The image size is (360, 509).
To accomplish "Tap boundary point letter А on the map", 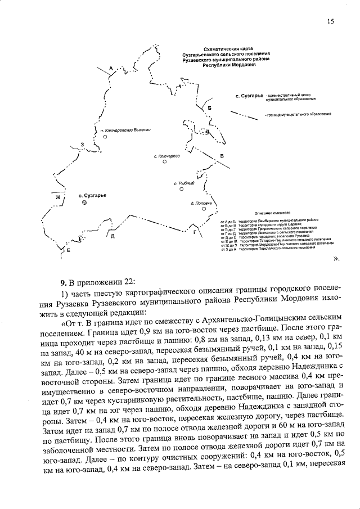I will (x=111, y=68).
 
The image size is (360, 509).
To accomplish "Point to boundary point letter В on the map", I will (x=222, y=156).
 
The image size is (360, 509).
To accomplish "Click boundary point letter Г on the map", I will (x=195, y=231).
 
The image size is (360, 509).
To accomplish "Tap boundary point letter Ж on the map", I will (x=57, y=197).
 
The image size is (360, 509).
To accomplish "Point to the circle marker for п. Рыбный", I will (x=182, y=190).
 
